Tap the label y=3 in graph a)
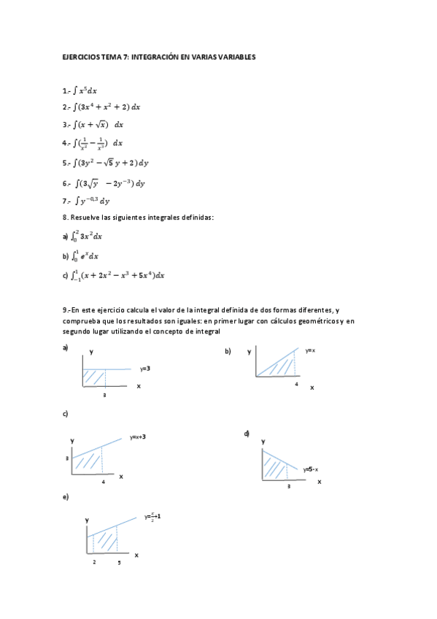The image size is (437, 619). click(144, 369)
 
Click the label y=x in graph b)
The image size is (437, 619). click(310, 351)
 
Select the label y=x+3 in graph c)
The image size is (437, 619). click(138, 437)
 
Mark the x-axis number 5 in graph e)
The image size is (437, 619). click(119, 563)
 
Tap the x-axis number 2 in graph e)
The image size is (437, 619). click(94, 563)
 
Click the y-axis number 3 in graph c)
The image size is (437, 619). click(67, 458)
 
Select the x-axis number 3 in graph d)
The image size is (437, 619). click(289, 485)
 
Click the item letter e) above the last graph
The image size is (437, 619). click(66, 496)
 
